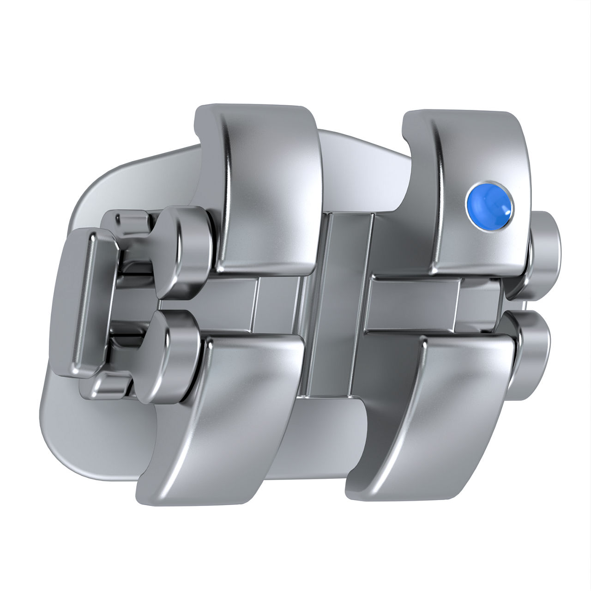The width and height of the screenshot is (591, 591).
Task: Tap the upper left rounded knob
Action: point(185,249)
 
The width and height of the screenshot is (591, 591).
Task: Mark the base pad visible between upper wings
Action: point(360,162)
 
